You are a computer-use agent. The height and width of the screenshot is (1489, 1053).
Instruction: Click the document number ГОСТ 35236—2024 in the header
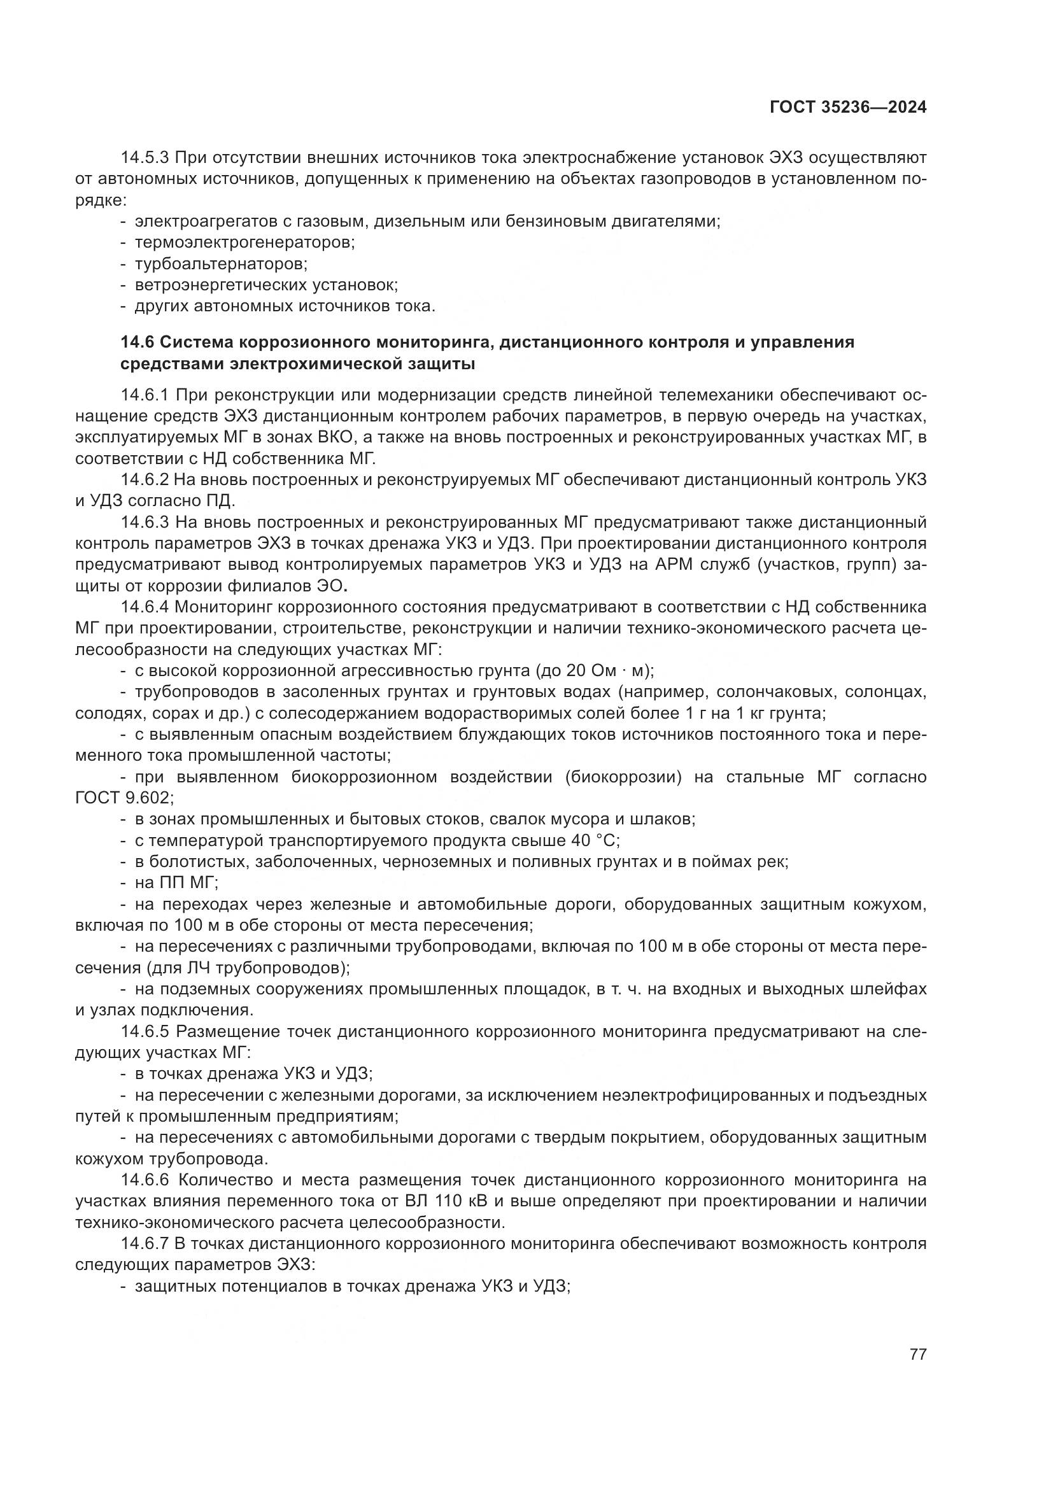tap(847, 108)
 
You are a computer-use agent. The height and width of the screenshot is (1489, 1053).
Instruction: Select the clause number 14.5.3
tap(145, 158)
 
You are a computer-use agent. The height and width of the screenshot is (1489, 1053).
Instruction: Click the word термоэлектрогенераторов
tap(244, 243)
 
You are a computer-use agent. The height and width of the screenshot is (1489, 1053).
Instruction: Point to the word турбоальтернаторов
tap(220, 264)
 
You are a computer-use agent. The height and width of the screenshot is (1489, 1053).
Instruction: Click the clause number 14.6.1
tap(145, 395)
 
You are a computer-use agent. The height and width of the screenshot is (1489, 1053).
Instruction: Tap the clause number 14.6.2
tap(145, 480)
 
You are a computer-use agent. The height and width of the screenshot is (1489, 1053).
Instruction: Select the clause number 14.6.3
tap(145, 522)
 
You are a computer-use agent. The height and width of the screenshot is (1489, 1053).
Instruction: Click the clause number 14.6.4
tap(145, 607)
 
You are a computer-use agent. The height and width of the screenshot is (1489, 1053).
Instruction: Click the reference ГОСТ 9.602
tap(122, 798)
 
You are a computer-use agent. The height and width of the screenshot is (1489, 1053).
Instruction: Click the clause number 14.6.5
tap(145, 1031)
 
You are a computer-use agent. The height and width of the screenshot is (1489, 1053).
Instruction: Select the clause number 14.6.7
tap(145, 1244)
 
